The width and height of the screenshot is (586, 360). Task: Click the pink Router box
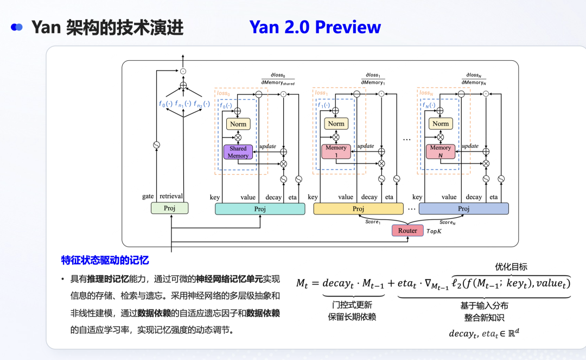click(x=407, y=230)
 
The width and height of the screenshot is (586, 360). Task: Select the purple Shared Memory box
click(x=238, y=152)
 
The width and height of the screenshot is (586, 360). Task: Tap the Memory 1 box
click(x=336, y=151)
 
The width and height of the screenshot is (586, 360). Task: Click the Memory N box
click(x=441, y=151)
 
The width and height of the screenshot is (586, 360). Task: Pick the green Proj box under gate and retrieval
click(x=169, y=208)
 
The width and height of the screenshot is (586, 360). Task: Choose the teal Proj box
click(x=260, y=209)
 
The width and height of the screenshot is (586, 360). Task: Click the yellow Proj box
click(x=358, y=209)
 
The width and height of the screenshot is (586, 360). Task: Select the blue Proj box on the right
click(x=463, y=209)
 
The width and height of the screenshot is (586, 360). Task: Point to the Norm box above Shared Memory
click(x=238, y=124)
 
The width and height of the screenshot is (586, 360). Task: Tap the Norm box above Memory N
click(x=441, y=124)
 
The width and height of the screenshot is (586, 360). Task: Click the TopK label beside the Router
click(x=435, y=231)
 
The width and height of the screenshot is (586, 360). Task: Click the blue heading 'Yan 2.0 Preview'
click(x=315, y=27)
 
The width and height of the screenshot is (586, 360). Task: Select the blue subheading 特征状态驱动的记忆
click(x=105, y=260)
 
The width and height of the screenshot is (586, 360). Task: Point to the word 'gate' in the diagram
click(x=148, y=197)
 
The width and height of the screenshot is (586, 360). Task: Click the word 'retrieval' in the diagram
click(x=171, y=197)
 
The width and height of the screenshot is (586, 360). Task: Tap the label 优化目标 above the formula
click(x=511, y=267)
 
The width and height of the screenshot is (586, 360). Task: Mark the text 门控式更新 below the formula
click(x=353, y=305)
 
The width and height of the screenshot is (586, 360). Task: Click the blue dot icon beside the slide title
click(x=17, y=27)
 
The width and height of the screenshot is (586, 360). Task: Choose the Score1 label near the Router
click(x=372, y=222)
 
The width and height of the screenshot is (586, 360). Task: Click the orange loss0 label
click(x=223, y=93)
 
